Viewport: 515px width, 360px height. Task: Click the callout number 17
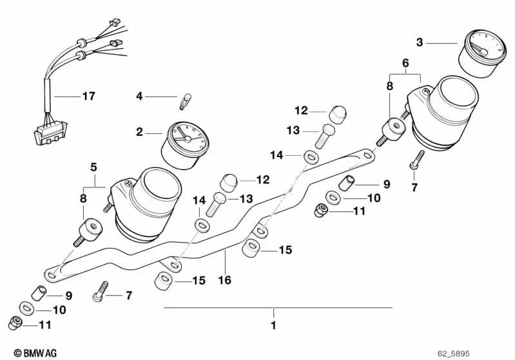pyautogui.click(x=88, y=97)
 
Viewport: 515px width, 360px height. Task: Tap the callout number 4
pyautogui.click(x=139, y=97)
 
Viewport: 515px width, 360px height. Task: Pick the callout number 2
pyautogui.click(x=139, y=133)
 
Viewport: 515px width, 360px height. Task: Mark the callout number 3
pyautogui.click(x=420, y=43)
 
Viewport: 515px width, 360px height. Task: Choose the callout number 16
pyautogui.click(x=224, y=280)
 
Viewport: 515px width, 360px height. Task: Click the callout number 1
pyautogui.click(x=273, y=325)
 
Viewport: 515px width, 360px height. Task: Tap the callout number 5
pyautogui.click(x=93, y=167)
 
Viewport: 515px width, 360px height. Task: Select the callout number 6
pyautogui.click(x=405, y=62)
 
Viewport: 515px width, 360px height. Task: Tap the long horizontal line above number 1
pyautogui.click(x=277, y=308)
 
